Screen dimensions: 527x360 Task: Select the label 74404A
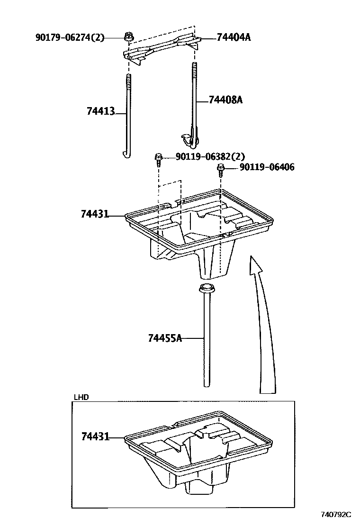click(x=234, y=37)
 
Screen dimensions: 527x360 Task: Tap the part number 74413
click(x=101, y=111)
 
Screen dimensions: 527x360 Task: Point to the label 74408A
click(x=225, y=100)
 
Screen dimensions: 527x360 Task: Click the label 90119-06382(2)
click(x=210, y=157)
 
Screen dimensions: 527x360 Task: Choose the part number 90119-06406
click(x=267, y=167)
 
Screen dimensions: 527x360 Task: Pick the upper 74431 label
click(x=95, y=214)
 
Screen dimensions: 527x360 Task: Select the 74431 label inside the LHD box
click(x=95, y=436)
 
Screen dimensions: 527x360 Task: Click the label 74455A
click(x=165, y=338)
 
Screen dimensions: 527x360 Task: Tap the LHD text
click(x=81, y=397)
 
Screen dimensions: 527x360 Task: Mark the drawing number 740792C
click(x=336, y=514)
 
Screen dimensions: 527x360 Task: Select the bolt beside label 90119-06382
click(x=158, y=159)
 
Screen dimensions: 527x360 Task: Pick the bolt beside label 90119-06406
click(x=220, y=169)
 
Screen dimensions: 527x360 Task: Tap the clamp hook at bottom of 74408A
click(x=189, y=138)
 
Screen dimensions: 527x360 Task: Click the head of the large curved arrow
click(x=255, y=263)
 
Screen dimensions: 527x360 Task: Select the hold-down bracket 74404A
click(x=161, y=47)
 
